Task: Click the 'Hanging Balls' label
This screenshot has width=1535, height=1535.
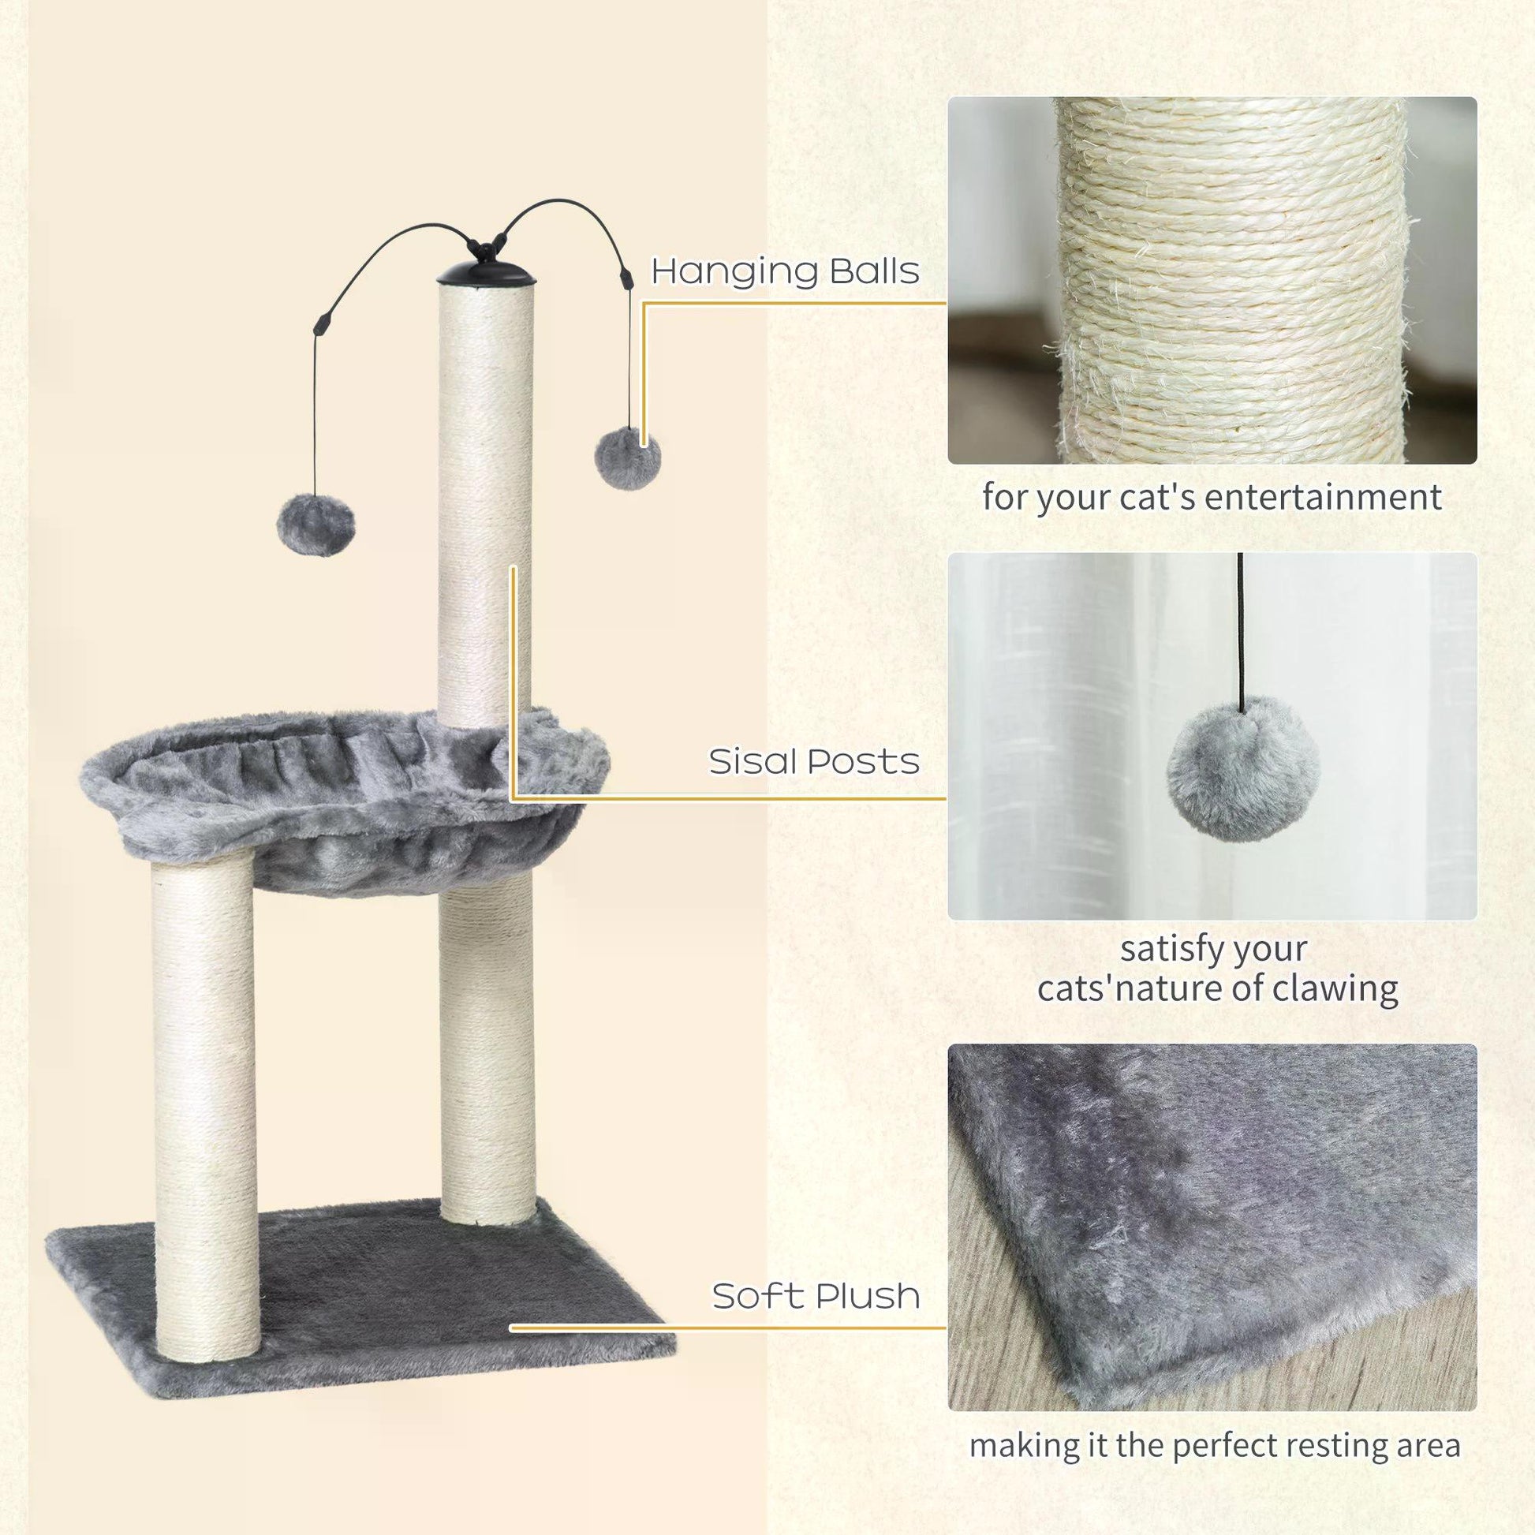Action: coord(785,271)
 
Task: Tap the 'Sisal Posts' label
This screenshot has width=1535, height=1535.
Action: coord(813,761)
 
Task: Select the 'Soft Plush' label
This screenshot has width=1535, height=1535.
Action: coord(815,1296)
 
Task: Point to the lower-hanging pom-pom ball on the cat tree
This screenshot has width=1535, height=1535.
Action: coord(316,525)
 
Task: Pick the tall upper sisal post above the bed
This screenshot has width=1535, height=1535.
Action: coord(485,509)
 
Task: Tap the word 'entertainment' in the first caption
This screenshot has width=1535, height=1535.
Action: coord(1322,499)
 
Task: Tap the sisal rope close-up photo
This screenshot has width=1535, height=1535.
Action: coord(1212,280)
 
